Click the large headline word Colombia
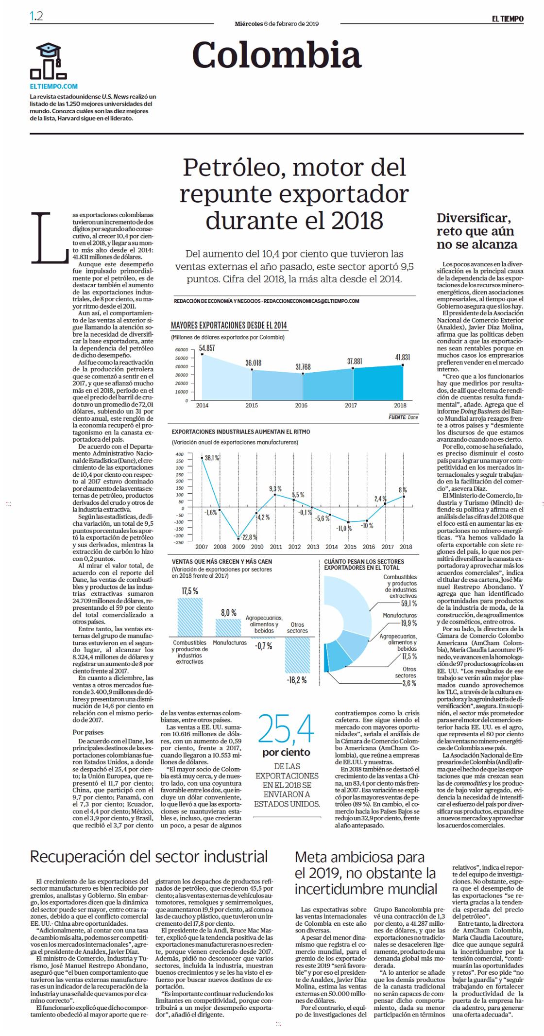pyautogui.click(x=277, y=54)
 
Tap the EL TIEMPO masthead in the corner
pyautogui.click(x=507, y=19)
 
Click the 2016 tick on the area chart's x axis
pyautogui.click(x=302, y=405)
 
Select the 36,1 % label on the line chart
pyautogui.click(x=212, y=458)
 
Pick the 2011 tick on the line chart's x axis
pyautogui.click(x=275, y=547)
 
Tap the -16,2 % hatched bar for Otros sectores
pyautogui.click(x=297, y=655)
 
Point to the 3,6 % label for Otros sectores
pyautogui.click(x=409, y=684)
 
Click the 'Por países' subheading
pyautogui.click(x=88, y=732)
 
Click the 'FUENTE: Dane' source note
pyautogui.click(x=403, y=417)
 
